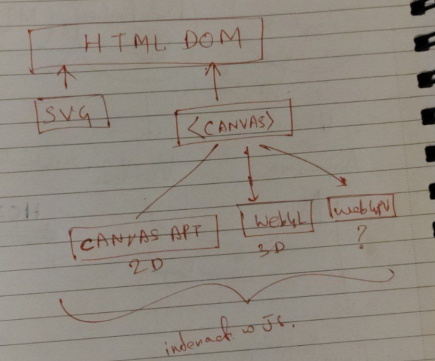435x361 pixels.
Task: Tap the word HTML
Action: (x=113, y=43)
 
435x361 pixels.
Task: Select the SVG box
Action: (x=72, y=113)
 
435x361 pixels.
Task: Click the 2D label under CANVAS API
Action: (x=147, y=267)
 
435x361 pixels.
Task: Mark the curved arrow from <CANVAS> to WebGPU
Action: (x=307, y=162)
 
